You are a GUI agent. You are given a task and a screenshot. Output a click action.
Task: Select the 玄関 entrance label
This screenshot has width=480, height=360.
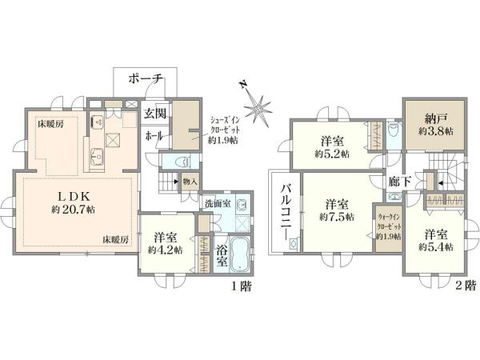154,114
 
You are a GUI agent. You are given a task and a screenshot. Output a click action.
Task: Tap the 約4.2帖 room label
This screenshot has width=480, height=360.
166,243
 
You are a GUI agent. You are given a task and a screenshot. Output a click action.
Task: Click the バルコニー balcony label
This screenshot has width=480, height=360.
285,212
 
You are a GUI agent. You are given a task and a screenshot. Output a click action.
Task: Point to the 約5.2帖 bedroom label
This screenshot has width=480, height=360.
331,147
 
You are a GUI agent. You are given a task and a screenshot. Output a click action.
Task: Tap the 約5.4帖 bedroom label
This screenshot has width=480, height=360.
436,240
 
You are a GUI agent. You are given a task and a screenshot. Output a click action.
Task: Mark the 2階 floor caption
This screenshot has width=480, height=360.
466,286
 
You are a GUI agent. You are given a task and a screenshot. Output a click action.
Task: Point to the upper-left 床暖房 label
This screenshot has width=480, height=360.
50,125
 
